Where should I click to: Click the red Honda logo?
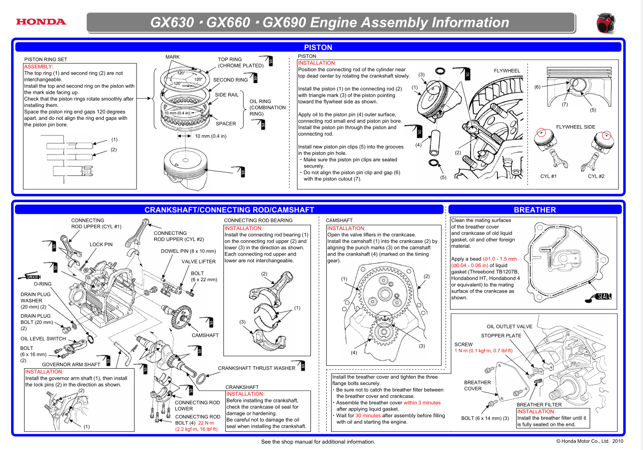pyautogui.click(x=41, y=22)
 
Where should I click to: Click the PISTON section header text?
pyautogui.click(x=318, y=47)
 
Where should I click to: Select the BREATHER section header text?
pyautogui.click(x=534, y=210)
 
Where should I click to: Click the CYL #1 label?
pyautogui.click(x=548, y=176)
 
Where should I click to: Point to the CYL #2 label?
pyautogui.click(x=596, y=176)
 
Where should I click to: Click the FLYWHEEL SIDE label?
pyautogui.click(x=575, y=127)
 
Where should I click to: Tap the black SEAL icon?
pyautogui.click(x=603, y=296)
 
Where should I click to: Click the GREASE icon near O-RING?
pyautogui.click(x=32, y=277)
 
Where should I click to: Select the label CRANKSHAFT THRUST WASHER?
pyautogui.click(x=257, y=368)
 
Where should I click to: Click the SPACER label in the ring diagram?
pyautogui.click(x=226, y=124)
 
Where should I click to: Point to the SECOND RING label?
pyautogui.click(x=231, y=80)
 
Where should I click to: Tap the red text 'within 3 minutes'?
pyautogui.click(x=422, y=403)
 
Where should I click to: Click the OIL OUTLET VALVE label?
pyautogui.click(x=509, y=326)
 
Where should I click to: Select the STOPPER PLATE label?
pyautogui.click(x=501, y=335)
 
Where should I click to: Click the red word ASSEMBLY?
pyautogui.click(x=38, y=66)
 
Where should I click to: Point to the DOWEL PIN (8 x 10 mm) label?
pyautogui.click(x=188, y=251)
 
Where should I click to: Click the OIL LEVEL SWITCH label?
pyautogui.click(x=43, y=338)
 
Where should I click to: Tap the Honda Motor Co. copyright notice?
pyautogui.click(x=590, y=441)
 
